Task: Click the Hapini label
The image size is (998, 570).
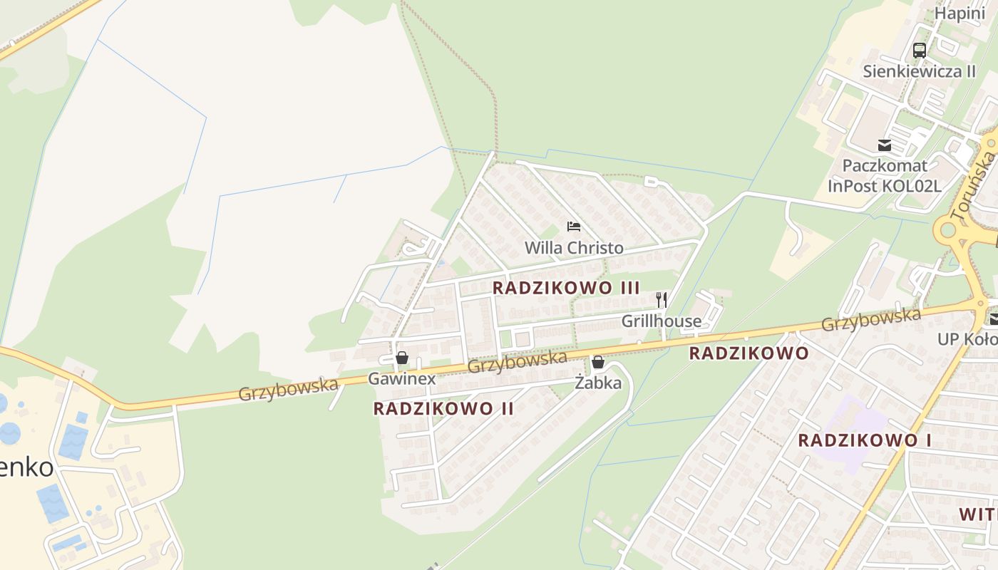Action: coord(960,14)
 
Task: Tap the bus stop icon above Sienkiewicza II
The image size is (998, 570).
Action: coord(920,51)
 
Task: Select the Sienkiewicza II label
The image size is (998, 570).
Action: coord(919,71)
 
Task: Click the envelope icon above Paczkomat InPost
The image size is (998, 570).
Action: coord(885,145)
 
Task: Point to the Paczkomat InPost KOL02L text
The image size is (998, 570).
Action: coord(885,176)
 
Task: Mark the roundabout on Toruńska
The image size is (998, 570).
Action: coord(948,230)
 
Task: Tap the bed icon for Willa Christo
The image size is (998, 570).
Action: coord(574,227)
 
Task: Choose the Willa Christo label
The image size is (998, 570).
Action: coord(574,248)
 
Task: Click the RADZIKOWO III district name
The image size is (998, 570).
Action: coord(566,288)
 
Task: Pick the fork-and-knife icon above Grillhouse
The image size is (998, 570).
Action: coord(662,300)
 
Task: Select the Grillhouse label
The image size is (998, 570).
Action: coord(662,321)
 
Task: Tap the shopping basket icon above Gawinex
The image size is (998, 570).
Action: coord(402,358)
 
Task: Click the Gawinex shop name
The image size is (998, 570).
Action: coord(401,379)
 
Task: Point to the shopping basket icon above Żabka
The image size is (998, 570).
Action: coord(598,362)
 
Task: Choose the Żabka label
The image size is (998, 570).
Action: coord(598,383)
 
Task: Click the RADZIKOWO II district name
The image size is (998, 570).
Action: coord(443,409)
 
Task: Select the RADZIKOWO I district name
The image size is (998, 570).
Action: coord(864,440)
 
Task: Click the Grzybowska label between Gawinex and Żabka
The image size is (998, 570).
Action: coord(518,361)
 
